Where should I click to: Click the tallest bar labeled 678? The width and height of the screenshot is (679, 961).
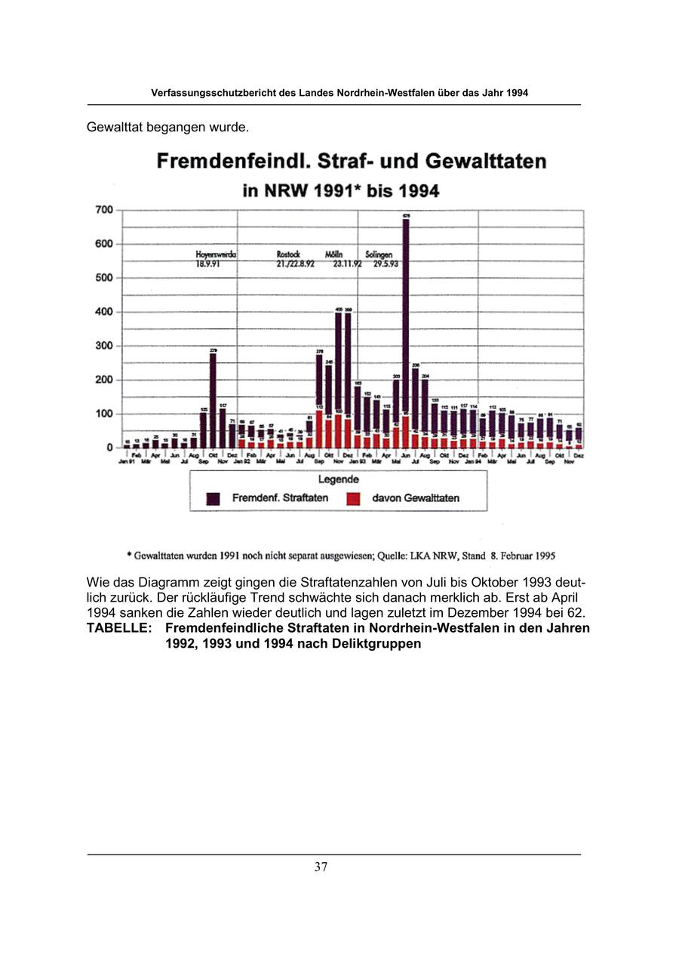pyautogui.click(x=406, y=317)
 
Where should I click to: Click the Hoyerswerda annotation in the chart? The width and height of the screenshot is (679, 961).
pyautogui.click(x=216, y=255)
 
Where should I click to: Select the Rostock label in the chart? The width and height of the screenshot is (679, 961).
pyautogui.click(x=289, y=255)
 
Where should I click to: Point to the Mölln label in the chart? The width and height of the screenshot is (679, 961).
pyautogui.click(x=334, y=255)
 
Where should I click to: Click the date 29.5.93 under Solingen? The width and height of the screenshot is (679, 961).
pyautogui.click(x=386, y=263)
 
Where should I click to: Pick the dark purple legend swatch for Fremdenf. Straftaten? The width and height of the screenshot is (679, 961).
pyautogui.click(x=214, y=498)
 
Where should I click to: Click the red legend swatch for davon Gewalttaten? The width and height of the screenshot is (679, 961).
pyautogui.click(x=354, y=498)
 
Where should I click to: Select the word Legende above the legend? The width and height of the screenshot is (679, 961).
pyautogui.click(x=338, y=479)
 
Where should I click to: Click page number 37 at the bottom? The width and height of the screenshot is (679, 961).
pyautogui.click(x=321, y=867)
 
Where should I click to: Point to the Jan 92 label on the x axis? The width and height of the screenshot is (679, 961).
pyautogui.click(x=241, y=460)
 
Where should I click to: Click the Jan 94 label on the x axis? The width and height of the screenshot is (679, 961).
pyautogui.click(x=473, y=460)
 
